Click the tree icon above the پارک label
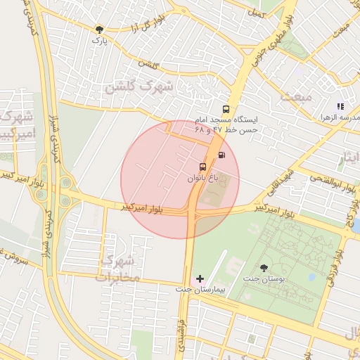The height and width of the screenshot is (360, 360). point(99,30)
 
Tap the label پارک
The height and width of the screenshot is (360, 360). point(98,40)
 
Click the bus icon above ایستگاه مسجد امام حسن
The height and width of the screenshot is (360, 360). point(226,109)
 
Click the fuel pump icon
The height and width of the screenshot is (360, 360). point(222,155)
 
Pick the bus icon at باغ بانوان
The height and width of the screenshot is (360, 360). point(203,167)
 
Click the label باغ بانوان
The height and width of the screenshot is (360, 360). point(202,179)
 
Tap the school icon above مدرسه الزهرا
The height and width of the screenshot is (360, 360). point(340,106)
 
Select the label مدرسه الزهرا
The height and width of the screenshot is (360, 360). point(340,117)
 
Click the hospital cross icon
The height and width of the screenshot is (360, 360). point(200,279)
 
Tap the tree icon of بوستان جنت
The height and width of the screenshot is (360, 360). point(264,267)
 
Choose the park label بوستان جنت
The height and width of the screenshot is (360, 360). point(262,278)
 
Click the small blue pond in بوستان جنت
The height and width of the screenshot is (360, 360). point(311,276)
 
